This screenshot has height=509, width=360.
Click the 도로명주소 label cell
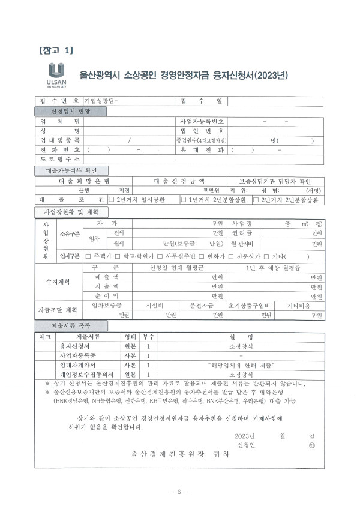tap(59, 160)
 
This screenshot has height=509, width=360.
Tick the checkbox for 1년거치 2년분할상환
tap(183, 200)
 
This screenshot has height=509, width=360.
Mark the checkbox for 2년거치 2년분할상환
tap(256, 200)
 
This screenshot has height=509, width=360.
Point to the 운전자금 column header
tap(201, 305)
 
